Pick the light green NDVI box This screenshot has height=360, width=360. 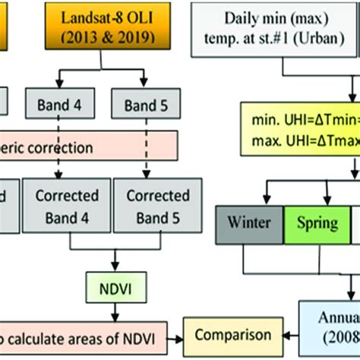[112, 289]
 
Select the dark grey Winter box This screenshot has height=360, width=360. [248, 226]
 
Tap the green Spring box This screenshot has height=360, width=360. [315, 226]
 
